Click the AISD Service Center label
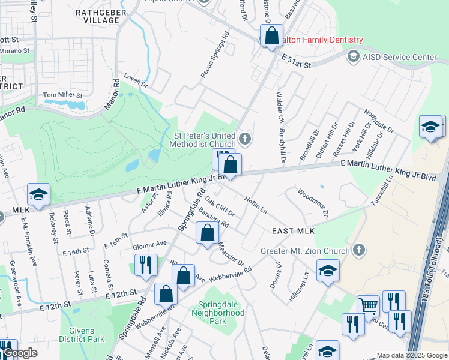pos(399,57)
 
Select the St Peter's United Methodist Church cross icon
pos(244,140)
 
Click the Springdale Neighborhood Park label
pos(218,313)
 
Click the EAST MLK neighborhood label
pos(294,231)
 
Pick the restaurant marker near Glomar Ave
pos(146,264)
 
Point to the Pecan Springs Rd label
pos(215,59)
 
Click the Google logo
pos(19,353)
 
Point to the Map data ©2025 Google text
pos(412,355)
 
